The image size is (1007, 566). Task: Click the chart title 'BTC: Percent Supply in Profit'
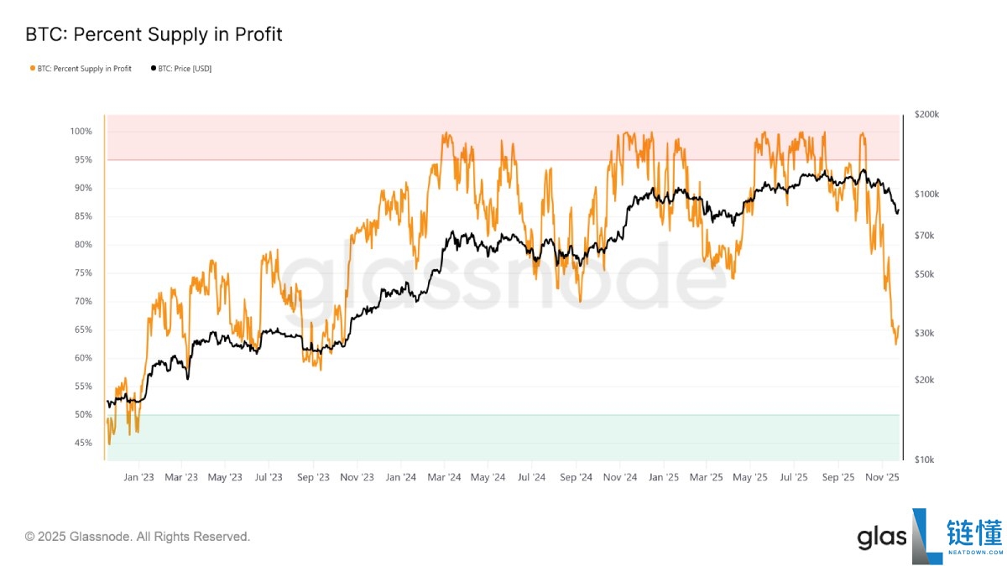point(154,35)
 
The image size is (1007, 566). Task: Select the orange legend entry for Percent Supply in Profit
point(81,69)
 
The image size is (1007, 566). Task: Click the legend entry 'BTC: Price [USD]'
point(180,69)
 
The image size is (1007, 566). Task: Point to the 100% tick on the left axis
point(81,132)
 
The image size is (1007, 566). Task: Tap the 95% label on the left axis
point(81,160)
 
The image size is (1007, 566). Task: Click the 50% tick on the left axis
point(81,415)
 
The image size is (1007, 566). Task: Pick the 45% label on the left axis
point(81,443)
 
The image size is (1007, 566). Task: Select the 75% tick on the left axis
point(81,273)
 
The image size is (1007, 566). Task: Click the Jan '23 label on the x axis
point(138,478)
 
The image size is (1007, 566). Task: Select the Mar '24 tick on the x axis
point(444,478)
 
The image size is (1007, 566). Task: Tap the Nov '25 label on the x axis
point(882,478)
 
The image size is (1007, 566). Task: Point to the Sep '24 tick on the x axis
point(576,478)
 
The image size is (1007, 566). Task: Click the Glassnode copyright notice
point(138,537)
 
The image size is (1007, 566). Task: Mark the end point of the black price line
point(898,212)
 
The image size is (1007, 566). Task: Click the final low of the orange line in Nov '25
point(895,344)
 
